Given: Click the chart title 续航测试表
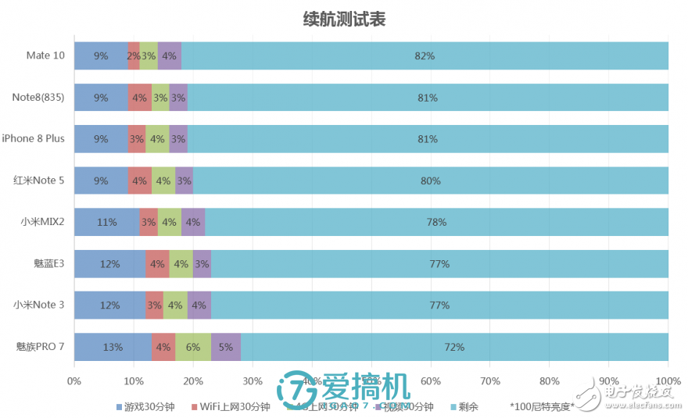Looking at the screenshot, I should point(344,20).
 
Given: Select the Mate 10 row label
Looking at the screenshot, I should point(45,55).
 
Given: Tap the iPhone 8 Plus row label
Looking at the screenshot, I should point(33,139).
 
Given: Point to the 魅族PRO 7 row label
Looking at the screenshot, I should point(40,346).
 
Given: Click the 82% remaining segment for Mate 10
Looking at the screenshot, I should point(425,56).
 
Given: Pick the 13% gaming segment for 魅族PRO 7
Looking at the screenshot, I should point(112,347).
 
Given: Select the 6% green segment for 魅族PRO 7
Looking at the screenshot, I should point(192,347).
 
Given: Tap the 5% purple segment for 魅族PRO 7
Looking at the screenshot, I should point(225,347).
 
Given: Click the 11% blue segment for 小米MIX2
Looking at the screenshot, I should point(106,222).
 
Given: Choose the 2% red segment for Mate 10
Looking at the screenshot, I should point(134,56).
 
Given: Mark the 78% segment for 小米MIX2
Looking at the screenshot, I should point(436,222).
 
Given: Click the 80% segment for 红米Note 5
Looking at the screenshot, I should point(431,180).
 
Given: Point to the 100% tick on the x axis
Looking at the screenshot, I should point(668,382).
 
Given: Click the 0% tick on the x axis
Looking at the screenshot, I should point(74,382).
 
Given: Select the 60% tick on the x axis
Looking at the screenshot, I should point(430,382).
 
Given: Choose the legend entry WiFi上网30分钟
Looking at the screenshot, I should point(234,406).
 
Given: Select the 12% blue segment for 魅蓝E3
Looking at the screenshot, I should point(109,264).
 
